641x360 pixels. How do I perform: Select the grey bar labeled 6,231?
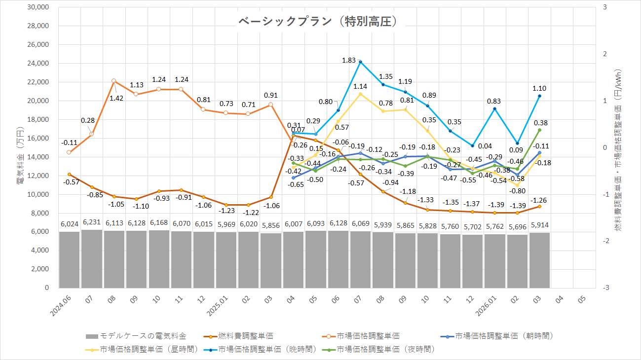pyautogui.click(x=91, y=259)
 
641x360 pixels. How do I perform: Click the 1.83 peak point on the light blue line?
pyautogui.click(x=360, y=62)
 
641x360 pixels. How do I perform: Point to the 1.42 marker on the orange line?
pyautogui.click(x=113, y=80)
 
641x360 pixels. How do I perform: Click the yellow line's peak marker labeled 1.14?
pyautogui.click(x=360, y=94)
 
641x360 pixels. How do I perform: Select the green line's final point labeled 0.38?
pyautogui.click(x=539, y=130)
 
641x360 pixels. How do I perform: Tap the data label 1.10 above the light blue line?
pyautogui.click(x=539, y=88)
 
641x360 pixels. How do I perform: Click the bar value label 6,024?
pyautogui.click(x=69, y=224)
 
